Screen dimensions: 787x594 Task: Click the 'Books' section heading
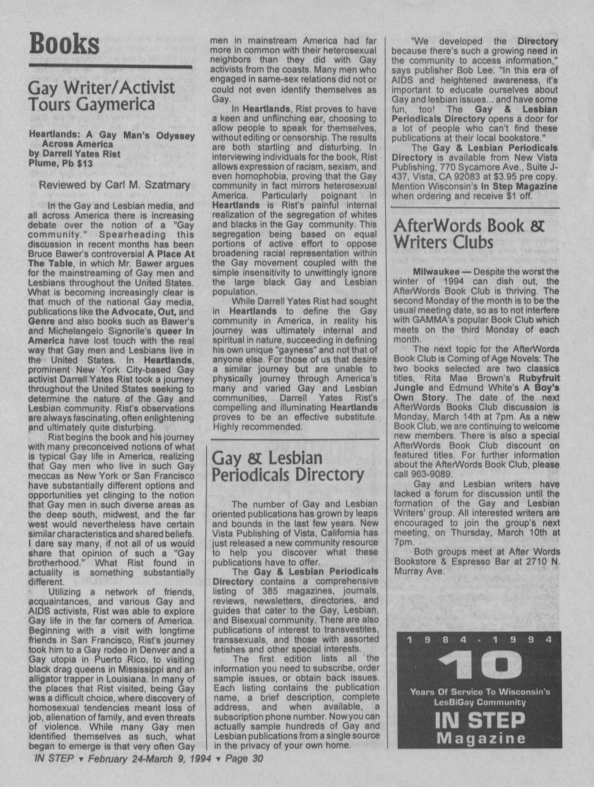[64, 43]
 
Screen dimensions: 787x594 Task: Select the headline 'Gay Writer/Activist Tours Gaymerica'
[101, 95]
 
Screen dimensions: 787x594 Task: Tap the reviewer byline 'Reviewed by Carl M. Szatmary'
[114, 185]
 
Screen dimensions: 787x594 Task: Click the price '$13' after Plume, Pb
[84, 164]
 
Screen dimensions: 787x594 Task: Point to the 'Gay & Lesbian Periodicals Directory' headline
[288, 466]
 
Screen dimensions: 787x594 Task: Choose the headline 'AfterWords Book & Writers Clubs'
[469, 234]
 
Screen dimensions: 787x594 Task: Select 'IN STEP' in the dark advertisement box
[480, 719]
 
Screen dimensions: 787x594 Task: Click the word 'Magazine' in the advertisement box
[481, 738]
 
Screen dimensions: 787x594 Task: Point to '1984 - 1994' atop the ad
[480, 640]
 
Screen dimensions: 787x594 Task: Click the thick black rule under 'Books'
[110, 66]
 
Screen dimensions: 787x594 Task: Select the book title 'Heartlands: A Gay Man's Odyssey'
[112, 136]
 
